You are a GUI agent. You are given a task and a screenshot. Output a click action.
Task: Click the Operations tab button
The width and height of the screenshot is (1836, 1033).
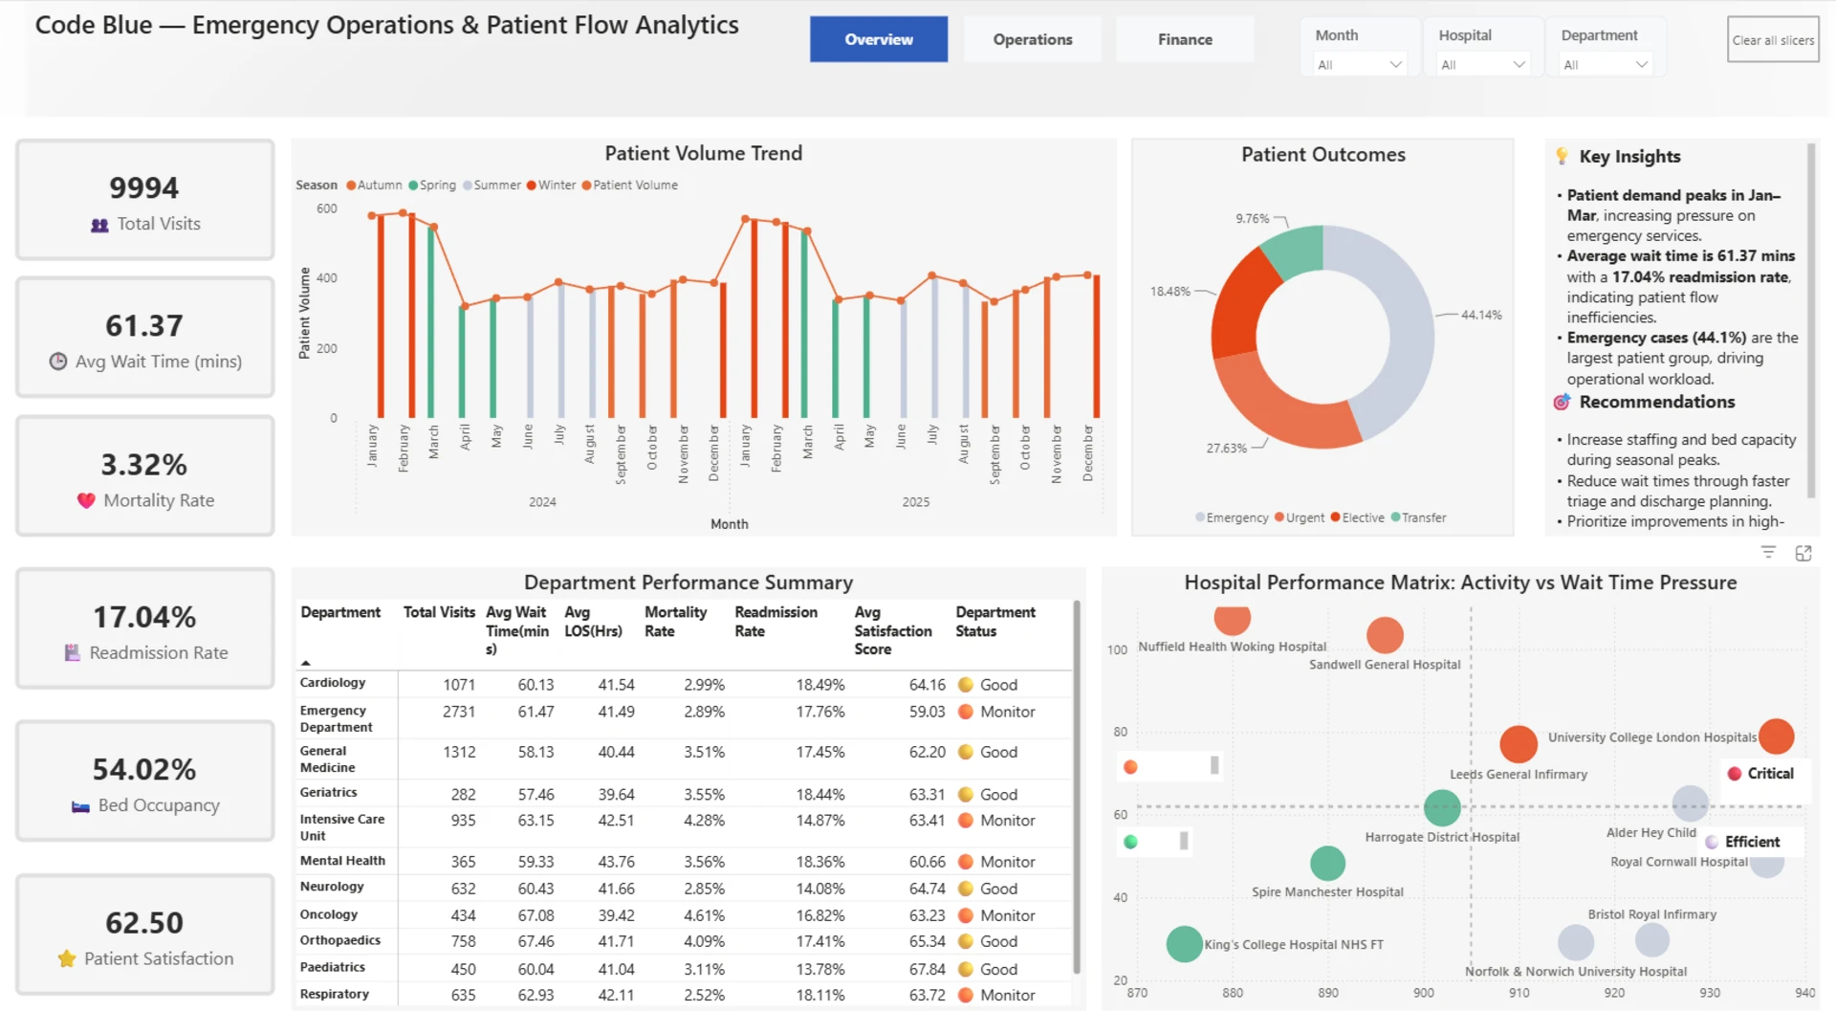(1032, 39)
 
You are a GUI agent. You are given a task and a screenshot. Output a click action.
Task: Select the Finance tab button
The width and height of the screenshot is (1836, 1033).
(1185, 39)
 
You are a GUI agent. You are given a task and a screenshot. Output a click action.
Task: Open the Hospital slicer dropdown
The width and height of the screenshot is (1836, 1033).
(1483, 64)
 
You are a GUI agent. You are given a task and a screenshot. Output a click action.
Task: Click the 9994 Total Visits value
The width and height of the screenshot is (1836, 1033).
(144, 187)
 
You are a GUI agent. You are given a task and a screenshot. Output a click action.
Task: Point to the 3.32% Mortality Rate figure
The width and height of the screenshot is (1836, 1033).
(144, 465)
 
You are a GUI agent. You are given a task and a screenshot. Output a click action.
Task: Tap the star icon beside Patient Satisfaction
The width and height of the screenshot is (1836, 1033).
(67, 958)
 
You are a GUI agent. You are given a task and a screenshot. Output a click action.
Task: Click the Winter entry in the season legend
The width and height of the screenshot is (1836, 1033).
(552, 186)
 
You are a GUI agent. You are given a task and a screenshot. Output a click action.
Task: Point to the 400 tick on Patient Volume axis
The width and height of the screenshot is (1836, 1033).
(327, 278)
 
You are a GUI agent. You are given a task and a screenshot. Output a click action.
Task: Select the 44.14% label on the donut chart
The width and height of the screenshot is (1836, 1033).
(1481, 315)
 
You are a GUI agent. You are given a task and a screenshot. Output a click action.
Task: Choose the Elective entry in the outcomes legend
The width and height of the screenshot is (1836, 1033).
(1358, 517)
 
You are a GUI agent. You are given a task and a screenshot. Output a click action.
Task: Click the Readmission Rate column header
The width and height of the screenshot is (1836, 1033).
(776, 622)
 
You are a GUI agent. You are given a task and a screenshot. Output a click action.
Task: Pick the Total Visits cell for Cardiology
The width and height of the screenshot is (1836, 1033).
(459, 685)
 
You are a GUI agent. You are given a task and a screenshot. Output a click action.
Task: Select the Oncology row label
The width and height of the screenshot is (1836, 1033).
(329, 914)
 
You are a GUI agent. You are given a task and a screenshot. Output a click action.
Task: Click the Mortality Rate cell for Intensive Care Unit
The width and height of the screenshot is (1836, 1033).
(704, 821)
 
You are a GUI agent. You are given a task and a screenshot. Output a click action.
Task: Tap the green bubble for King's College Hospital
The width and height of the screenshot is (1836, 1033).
(1185, 944)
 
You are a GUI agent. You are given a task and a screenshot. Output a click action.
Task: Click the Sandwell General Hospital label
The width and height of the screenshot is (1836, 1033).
(1385, 665)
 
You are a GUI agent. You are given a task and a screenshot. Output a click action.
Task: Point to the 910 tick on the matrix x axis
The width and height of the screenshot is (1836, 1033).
(1519, 993)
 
